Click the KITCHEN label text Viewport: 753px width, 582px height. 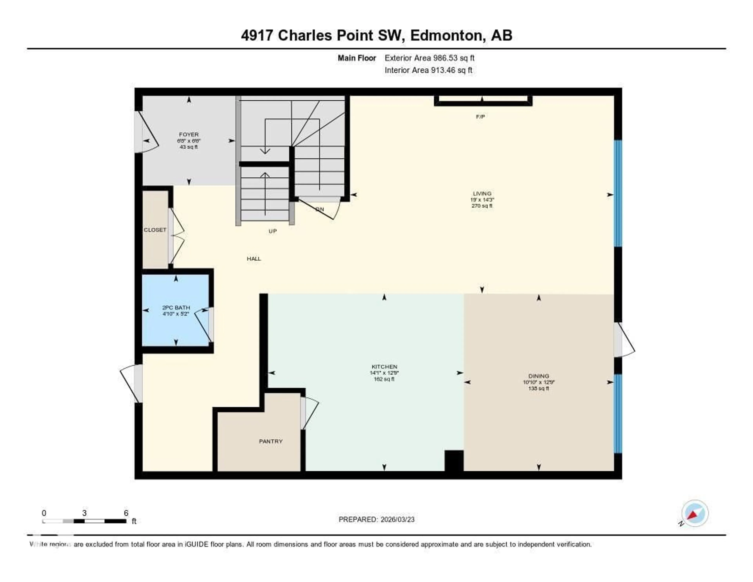[384, 367]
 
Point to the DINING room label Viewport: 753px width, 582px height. [538, 376]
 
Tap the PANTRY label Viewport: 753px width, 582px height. [271, 441]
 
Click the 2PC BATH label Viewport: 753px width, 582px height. [176, 308]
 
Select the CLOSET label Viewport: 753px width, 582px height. [155, 230]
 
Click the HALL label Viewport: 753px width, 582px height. [254, 259]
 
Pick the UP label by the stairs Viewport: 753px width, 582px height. [272, 231]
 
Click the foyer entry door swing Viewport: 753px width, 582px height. [148, 133]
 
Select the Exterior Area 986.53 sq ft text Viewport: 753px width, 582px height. [429, 58]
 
